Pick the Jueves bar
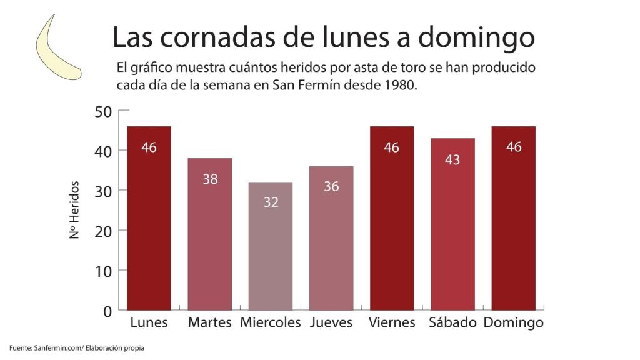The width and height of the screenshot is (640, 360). (x=331, y=237)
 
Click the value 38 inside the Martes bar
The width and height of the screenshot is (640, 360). (x=210, y=179)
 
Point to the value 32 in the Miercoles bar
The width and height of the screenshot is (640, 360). (x=271, y=202)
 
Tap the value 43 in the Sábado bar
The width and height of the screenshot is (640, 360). (x=452, y=160)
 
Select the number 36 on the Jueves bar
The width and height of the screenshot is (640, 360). (x=331, y=186)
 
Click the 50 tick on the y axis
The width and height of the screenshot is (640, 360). (x=103, y=111)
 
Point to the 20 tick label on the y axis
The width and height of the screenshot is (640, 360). (x=103, y=231)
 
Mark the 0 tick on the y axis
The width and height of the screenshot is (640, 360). (x=107, y=311)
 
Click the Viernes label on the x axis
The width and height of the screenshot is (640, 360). (x=392, y=323)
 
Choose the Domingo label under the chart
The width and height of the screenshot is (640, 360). (x=514, y=323)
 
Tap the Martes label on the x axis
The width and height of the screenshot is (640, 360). (x=210, y=323)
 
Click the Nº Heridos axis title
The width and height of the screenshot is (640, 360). (x=74, y=211)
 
